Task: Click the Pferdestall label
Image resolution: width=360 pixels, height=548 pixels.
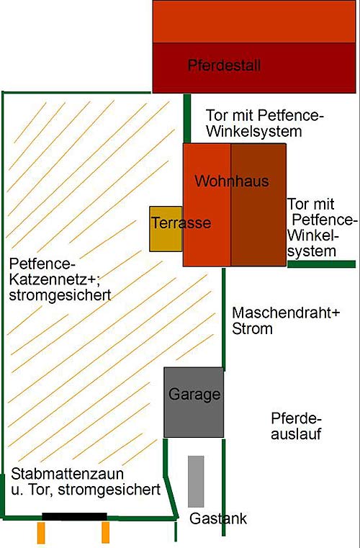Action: point(224,66)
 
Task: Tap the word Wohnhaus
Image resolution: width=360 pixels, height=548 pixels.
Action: point(232,181)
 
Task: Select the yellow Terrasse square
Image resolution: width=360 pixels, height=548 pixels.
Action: point(166,229)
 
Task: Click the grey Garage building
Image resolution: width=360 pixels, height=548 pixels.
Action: point(194,402)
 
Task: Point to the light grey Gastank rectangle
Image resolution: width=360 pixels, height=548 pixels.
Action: point(196,481)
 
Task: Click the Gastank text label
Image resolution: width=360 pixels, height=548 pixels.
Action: point(218,518)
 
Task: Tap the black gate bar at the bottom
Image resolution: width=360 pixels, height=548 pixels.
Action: point(74,516)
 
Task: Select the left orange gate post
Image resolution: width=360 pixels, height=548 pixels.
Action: point(41,533)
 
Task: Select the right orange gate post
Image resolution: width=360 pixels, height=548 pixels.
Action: point(106,533)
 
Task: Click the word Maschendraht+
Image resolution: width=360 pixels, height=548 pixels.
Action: point(286,313)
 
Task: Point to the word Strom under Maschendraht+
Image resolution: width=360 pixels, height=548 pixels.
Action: point(252,329)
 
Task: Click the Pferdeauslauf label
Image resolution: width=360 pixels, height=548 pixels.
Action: point(296,426)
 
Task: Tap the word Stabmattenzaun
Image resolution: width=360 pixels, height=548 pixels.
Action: point(67,474)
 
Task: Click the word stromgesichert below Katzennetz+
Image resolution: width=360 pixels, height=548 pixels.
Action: point(60,295)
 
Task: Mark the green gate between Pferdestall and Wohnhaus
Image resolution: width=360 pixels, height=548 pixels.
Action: point(187,118)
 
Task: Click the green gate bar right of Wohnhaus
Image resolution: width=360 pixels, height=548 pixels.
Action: point(322,264)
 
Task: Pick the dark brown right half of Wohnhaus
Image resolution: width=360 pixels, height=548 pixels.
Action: point(258,205)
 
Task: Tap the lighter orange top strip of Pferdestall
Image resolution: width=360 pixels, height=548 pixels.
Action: point(254,22)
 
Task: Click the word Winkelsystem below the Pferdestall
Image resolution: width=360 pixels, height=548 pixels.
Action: point(253,132)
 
